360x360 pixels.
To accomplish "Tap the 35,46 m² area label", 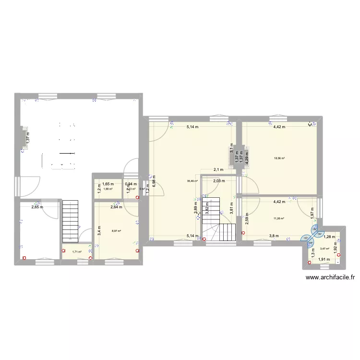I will point(192,181).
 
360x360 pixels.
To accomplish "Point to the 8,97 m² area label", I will point(116,231).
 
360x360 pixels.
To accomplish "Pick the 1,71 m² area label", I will point(77,252).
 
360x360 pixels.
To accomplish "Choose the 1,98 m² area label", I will point(108,189).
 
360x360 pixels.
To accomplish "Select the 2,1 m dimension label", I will point(219,169).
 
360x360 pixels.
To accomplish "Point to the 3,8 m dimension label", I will point(274,236).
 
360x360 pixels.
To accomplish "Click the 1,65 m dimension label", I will point(108,184).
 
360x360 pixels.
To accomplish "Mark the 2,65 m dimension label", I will point(37,207).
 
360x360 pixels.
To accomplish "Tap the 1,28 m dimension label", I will point(329,237).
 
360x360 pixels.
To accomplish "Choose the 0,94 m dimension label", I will point(131,184).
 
